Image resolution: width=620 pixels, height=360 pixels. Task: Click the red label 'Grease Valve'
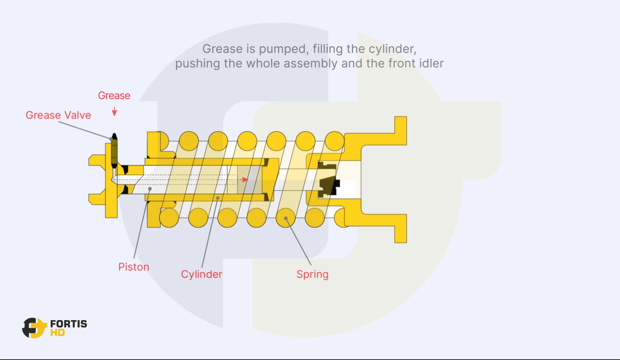pos(58,115)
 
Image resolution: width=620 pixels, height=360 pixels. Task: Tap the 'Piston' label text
pos(134,267)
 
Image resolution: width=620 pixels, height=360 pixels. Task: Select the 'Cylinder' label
pos(201,274)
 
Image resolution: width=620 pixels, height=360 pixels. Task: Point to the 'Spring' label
pos(312,274)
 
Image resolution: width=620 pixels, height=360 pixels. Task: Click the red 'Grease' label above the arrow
pos(114,95)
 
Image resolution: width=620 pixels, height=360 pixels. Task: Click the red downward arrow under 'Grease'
pos(114,111)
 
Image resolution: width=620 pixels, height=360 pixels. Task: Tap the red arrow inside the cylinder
pos(244,180)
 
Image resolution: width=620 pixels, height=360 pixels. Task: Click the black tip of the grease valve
pos(114,137)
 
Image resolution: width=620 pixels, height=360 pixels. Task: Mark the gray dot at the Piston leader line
pos(150,189)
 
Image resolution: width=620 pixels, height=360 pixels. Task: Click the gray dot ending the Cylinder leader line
pos(218,198)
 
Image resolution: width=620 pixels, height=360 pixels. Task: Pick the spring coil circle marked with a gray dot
pos(285,218)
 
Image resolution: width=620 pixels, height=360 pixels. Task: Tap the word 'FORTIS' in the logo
pos(69,324)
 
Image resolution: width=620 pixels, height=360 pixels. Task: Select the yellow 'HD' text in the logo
pos(57,333)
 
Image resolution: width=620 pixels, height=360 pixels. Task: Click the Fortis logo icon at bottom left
pos(34,328)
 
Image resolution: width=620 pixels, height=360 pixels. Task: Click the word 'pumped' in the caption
pos(283,49)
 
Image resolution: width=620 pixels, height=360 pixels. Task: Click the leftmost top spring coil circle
pos(189,141)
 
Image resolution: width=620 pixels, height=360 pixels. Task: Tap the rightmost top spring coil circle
pos(334,141)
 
